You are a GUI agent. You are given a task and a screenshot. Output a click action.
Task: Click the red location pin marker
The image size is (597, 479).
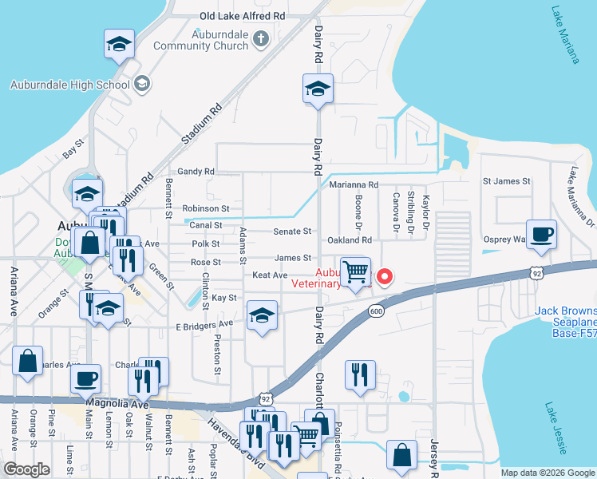click(x=385, y=277)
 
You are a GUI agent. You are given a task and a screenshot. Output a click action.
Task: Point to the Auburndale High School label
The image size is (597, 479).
click(x=69, y=85)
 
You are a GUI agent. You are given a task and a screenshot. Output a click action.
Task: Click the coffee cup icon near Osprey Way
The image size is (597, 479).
click(x=541, y=235)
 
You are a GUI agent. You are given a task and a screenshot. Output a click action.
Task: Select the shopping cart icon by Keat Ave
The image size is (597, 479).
click(x=355, y=271)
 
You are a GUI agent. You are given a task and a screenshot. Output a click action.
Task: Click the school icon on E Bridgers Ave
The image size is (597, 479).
click(x=261, y=316)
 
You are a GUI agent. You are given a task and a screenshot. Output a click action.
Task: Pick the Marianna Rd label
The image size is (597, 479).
click(x=358, y=184)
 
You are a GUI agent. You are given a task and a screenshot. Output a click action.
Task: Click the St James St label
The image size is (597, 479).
click(x=507, y=181)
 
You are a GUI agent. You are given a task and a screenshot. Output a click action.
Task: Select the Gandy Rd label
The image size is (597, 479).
click(x=196, y=171)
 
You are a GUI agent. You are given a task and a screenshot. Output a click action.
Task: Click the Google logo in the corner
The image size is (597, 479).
click(x=26, y=469)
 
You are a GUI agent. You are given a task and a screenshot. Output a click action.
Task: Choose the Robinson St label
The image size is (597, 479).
click(x=206, y=208)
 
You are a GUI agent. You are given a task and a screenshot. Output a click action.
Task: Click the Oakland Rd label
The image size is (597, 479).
click(x=350, y=239)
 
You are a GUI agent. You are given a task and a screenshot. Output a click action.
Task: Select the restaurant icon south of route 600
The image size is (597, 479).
click(x=360, y=375)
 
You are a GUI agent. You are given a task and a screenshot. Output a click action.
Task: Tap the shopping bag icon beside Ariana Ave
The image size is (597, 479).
click(x=28, y=362)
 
